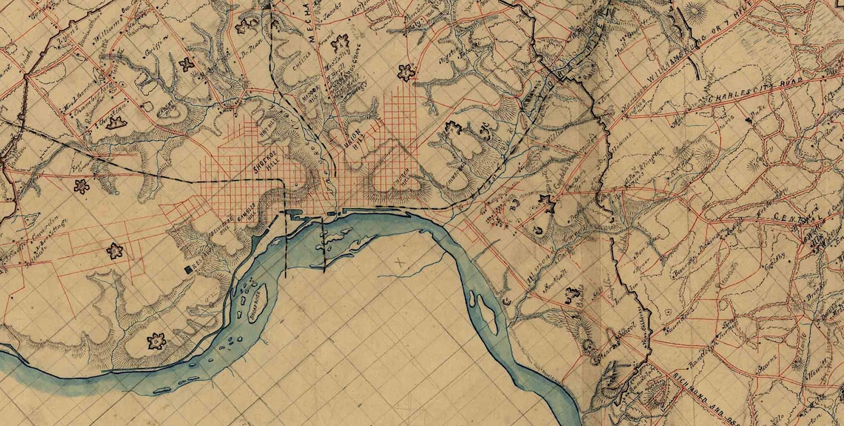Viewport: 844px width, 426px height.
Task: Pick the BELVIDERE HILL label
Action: coord(219,225)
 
